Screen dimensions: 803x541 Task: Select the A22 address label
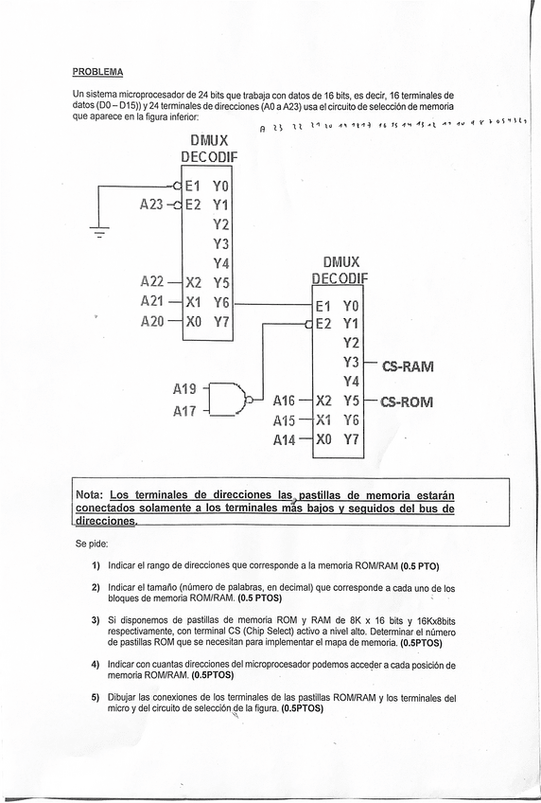[152, 281]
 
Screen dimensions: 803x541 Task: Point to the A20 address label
[152, 321]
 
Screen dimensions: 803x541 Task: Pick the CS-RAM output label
[408, 365]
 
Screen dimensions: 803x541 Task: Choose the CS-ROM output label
[408, 401]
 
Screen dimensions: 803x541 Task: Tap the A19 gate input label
[186, 388]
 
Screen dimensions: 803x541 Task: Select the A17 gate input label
[186, 412]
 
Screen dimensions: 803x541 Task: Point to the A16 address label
[285, 401]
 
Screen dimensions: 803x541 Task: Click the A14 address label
[285, 439]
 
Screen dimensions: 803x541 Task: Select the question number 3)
[96, 619]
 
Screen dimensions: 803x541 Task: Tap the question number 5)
[96, 698]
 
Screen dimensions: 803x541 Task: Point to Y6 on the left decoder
[221, 301]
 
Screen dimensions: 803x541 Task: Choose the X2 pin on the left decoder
[194, 282]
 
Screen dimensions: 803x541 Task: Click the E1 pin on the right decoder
[323, 306]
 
